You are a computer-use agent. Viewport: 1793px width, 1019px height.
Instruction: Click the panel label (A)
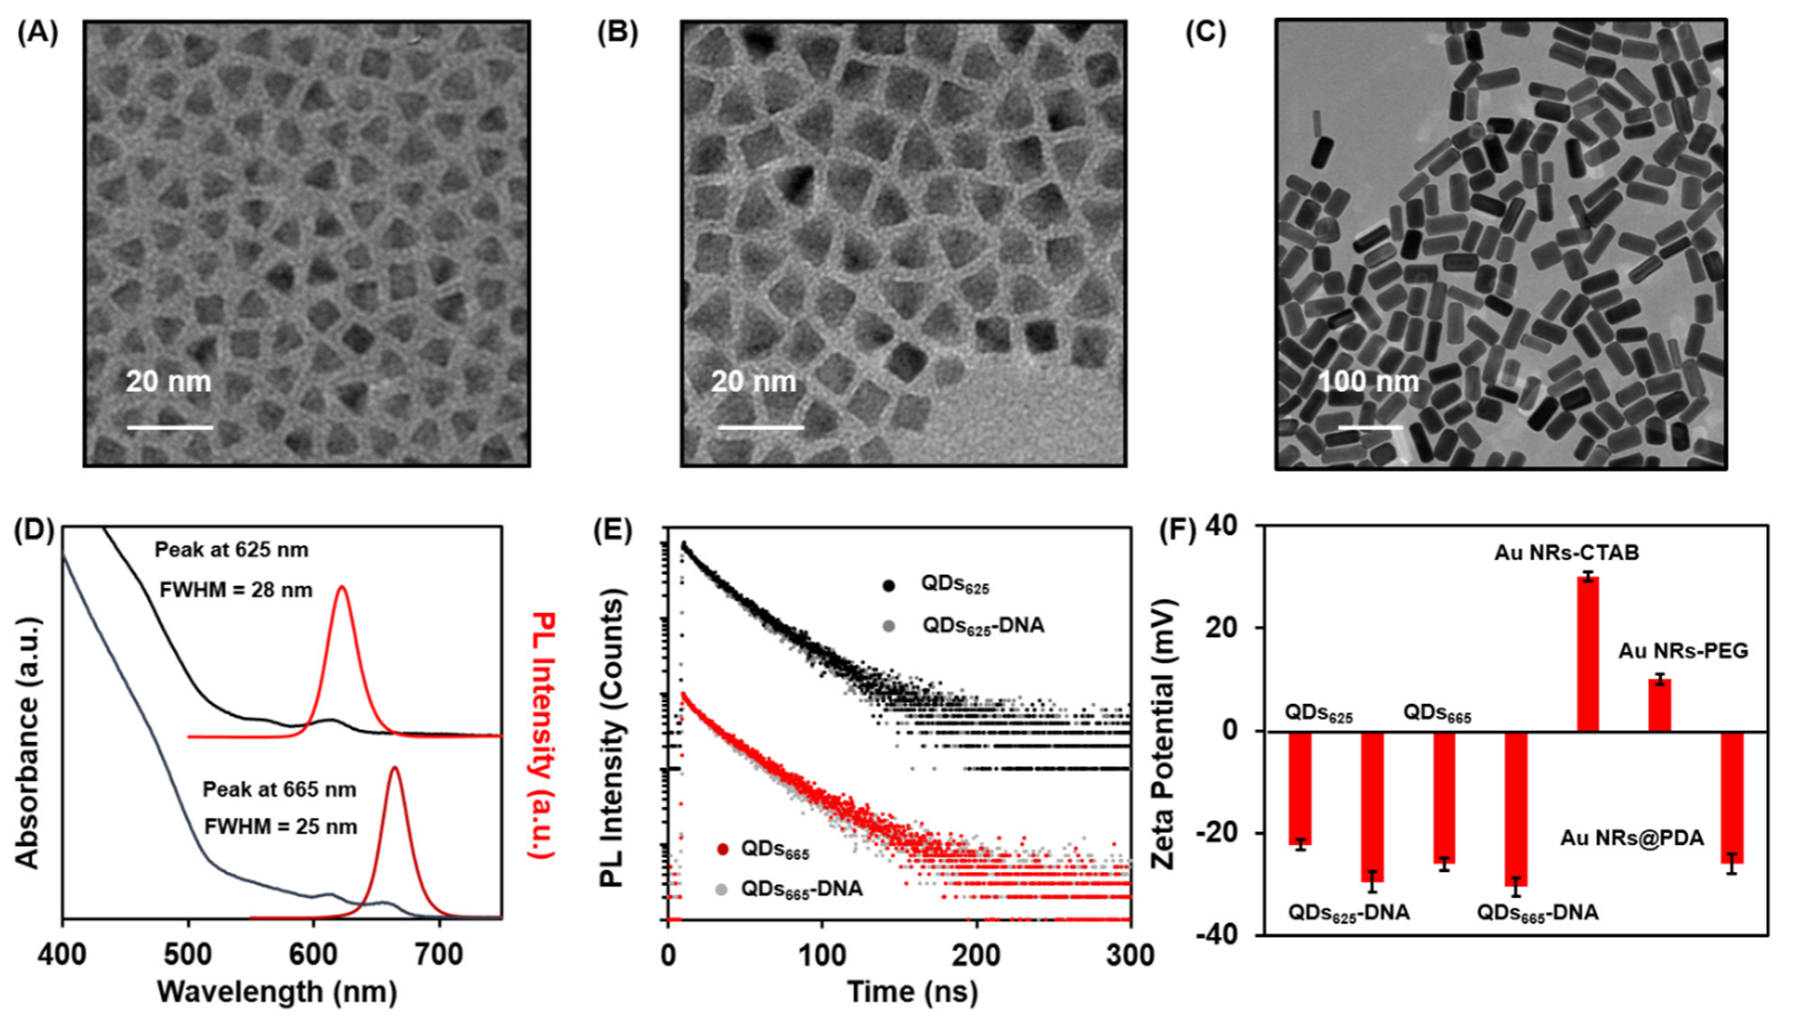point(38,33)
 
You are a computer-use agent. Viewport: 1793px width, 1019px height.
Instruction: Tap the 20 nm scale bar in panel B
point(761,427)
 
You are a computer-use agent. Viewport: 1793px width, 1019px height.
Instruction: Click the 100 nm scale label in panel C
point(1368,382)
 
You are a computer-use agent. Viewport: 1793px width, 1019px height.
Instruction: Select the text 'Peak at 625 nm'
point(231,550)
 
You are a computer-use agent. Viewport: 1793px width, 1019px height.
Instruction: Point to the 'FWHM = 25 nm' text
point(280,827)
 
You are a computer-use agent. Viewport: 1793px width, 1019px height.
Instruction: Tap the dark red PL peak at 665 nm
point(394,770)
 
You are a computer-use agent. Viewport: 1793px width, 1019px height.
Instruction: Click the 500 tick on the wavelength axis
point(188,953)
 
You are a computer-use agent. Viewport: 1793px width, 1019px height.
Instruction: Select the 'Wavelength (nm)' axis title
point(277,991)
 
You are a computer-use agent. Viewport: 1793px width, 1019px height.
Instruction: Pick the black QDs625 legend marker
point(889,585)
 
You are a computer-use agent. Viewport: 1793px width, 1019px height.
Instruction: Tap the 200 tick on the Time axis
point(976,954)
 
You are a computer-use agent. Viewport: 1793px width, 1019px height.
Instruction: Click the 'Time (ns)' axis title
point(912,991)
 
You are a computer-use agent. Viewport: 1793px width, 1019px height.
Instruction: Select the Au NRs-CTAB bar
point(1587,653)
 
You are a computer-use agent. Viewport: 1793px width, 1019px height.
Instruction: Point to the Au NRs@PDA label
point(1631,838)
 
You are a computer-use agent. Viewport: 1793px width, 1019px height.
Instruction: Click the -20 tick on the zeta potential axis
point(1217,832)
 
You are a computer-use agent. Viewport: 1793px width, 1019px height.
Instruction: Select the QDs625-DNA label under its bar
point(1348,912)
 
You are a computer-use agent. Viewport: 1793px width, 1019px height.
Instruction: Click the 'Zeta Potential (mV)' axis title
point(1164,733)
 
